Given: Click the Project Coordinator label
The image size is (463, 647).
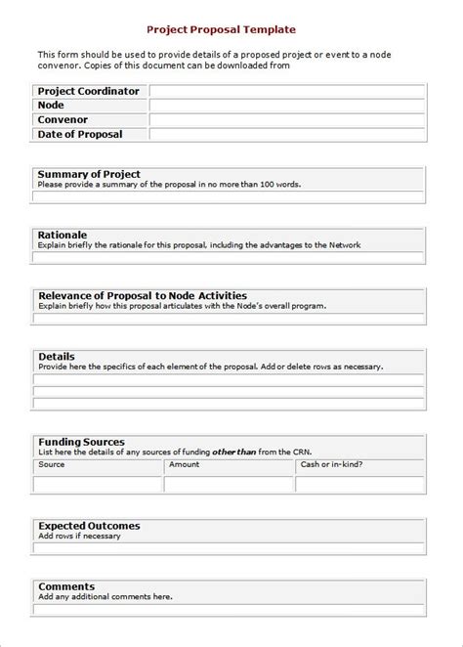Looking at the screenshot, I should (x=88, y=91).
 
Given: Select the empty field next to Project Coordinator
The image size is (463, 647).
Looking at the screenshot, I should (x=287, y=91).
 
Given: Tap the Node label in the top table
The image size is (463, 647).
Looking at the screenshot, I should (x=51, y=105).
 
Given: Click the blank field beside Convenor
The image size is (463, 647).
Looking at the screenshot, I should (x=287, y=119).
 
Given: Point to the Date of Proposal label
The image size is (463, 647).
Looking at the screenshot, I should (x=80, y=134).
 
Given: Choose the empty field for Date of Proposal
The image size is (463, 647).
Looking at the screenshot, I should (x=287, y=134).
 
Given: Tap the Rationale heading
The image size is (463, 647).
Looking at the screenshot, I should (x=63, y=236).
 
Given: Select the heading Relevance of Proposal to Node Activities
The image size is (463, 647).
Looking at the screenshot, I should (x=142, y=295).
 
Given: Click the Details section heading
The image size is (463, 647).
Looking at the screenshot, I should (x=56, y=357).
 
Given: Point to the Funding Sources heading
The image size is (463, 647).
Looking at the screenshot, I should (x=81, y=442).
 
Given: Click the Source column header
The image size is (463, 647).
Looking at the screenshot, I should (x=52, y=464).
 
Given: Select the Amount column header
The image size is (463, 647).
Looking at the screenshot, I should (x=184, y=464).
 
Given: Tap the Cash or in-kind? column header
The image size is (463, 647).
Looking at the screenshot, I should (x=331, y=464).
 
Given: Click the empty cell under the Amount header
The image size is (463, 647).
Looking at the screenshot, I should (x=229, y=484).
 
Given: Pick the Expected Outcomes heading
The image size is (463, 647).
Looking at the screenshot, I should (x=89, y=526).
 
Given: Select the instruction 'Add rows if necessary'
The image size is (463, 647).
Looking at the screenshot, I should (x=79, y=537).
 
